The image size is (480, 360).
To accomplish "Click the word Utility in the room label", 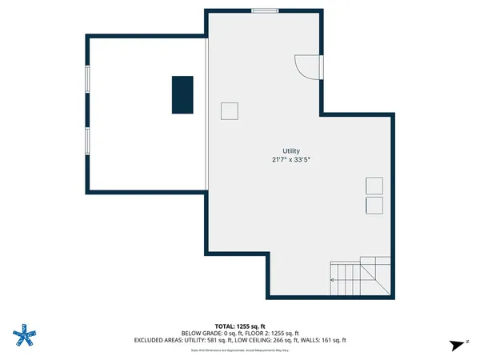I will [290, 151].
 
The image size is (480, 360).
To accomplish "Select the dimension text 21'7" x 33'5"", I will [290, 160].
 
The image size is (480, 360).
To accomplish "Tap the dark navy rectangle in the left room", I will [182, 94].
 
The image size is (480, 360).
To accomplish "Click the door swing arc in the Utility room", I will [306, 66].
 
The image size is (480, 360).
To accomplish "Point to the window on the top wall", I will [265, 10].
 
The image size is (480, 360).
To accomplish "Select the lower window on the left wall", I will [87, 139].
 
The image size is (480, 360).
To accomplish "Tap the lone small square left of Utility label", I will [230, 111].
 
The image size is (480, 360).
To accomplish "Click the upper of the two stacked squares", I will [374, 186].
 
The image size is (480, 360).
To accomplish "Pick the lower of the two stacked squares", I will [374, 206].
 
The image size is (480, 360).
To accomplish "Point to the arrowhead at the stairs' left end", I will [333, 280].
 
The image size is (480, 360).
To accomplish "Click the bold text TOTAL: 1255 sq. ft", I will [240, 326].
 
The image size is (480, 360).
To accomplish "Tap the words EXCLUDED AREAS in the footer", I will [159, 340].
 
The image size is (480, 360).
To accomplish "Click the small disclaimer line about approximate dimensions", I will [240, 350].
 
